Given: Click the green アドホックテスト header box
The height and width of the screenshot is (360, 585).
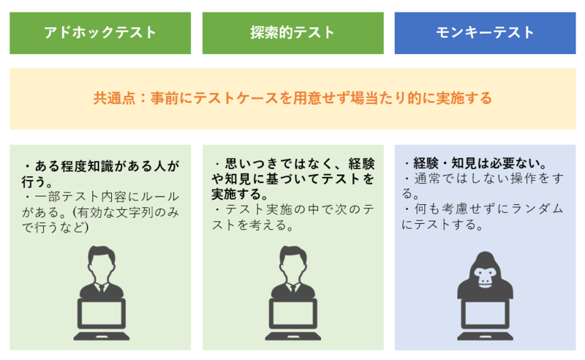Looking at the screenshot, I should click(100, 33).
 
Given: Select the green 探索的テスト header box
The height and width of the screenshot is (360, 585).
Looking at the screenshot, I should click(292, 33).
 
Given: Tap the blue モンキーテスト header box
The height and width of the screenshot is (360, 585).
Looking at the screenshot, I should click(485, 33).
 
